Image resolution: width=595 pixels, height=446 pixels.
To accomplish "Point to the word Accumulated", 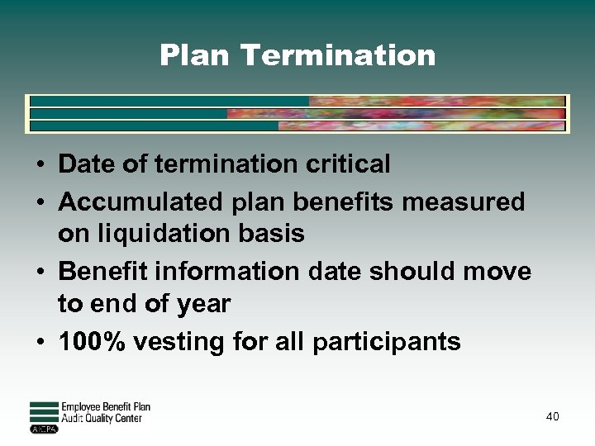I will coord(136,202).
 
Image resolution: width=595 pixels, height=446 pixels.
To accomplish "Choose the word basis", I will coord(276,234).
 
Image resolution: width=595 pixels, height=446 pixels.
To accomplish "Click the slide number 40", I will coord(552,416).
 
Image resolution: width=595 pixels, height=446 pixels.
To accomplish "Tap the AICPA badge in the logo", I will coord(43,429).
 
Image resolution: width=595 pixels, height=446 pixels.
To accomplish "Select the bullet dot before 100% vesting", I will coord(40,342).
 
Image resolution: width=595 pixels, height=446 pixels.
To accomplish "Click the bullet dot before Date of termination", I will coord(40,165).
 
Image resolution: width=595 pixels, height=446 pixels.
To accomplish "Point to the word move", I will coord(499,271).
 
